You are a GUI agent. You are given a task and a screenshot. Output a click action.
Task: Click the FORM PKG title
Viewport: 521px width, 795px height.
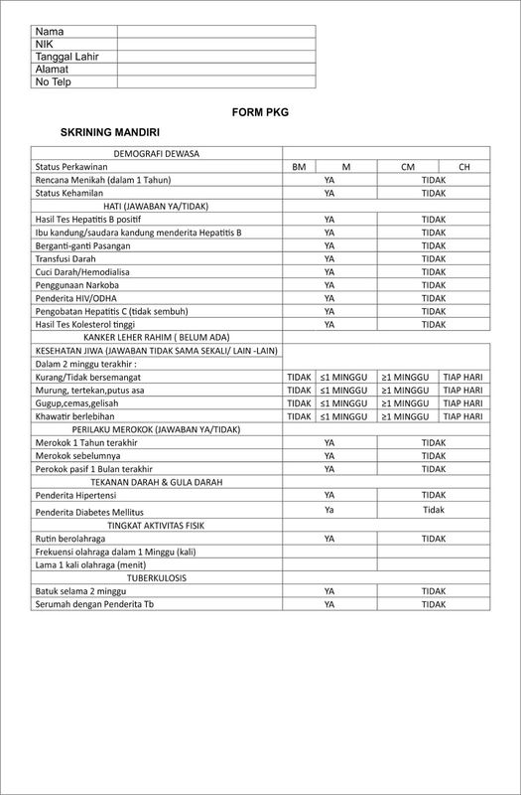pyautogui.click(x=260, y=112)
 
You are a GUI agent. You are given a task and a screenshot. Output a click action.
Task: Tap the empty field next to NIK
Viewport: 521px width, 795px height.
pyautogui.click(x=215, y=45)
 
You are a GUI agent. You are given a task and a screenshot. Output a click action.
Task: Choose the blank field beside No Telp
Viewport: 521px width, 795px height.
pyautogui.click(x=215, y=82)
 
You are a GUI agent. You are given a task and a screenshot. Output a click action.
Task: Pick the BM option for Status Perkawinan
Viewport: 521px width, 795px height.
pyautogui.click(x=299, y=167)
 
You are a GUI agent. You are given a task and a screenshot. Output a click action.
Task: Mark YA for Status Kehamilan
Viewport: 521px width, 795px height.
pyautogui.click(x=328, y=193)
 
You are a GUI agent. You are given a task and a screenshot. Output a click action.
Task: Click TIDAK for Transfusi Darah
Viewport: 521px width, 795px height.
pyautogui.click(x=434, y=258)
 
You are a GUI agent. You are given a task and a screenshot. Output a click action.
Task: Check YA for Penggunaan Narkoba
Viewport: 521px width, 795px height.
pyautogui.click(x=328, y=284)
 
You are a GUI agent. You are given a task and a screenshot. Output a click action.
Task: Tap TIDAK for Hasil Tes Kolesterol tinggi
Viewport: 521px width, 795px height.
pyautogui.click(x=434, y=324)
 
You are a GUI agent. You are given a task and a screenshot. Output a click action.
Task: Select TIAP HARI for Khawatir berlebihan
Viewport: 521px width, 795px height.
pyautogui.click(x=462, y=416)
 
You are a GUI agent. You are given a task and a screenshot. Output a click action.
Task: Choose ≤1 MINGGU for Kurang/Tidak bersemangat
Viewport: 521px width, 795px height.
pyautogui.click(x=345, y=378)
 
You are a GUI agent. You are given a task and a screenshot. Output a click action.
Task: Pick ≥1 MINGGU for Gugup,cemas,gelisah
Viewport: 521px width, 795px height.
pyautogui.click(x=407, y=403)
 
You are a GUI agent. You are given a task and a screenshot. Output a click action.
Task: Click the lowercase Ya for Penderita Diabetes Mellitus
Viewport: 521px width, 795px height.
pyautogui.click(x=328, y=509)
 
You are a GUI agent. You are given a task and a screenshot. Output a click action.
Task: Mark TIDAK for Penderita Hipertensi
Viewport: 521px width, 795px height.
pyautogui.click(x=434, y=495)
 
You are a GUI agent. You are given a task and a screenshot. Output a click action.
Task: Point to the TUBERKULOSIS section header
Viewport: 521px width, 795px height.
pyautogui.click(x=156, y=577)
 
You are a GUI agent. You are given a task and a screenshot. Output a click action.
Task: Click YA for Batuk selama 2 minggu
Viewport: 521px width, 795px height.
pyautogui.click(x=328, y=590)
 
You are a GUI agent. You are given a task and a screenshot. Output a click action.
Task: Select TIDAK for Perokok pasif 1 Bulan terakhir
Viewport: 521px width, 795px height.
pyautogui.click(x=434, y=469)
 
